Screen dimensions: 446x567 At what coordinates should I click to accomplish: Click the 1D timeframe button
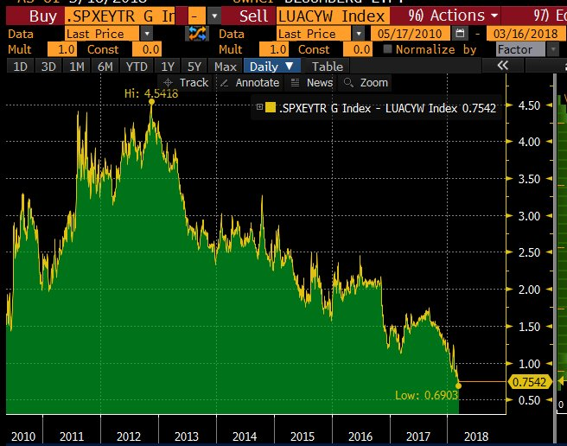(x=18, y=67)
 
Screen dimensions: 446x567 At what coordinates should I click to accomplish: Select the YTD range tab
(x=136, y=67)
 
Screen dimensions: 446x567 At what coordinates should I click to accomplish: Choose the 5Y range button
(x=195, y=67)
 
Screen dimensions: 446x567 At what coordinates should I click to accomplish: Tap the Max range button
(x=226, y=67)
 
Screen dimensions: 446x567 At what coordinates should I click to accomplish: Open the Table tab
(x=327, y=67)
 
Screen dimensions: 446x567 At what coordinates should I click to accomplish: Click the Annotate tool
(x=249, y=83)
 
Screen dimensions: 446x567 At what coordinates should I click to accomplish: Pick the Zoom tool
(x=366, y=83)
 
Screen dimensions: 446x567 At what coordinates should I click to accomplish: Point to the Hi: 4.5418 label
(x=152, y=92)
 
